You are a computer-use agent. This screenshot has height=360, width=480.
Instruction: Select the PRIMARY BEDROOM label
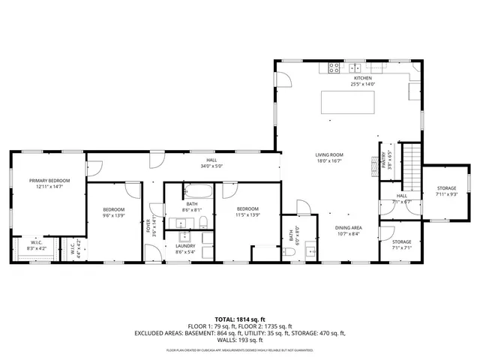[49, 181]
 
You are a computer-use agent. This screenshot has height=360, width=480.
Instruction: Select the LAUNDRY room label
[185, 246]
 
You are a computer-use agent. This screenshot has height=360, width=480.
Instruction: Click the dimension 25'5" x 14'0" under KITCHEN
[363, 84]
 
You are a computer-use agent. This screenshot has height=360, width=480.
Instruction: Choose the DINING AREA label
[349, 227]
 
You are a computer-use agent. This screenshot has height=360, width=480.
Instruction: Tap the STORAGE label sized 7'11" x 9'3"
[446, 188]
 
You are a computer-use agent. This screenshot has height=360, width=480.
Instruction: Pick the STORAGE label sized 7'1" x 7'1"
[401, 241]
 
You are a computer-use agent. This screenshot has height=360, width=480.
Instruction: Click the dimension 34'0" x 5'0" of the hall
[213, 166]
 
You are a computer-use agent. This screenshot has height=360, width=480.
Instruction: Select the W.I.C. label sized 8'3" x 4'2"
[36, 242]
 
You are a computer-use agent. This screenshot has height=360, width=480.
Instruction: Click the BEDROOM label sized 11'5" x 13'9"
[247, 208]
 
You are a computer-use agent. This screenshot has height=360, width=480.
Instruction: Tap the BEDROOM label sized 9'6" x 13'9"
[114, 209]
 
